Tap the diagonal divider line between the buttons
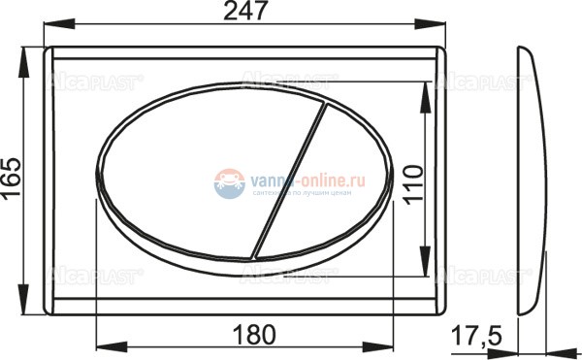pyautogui.click(x=288, y=180)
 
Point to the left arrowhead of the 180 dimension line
pyautogui.click(x=102, y=346)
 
